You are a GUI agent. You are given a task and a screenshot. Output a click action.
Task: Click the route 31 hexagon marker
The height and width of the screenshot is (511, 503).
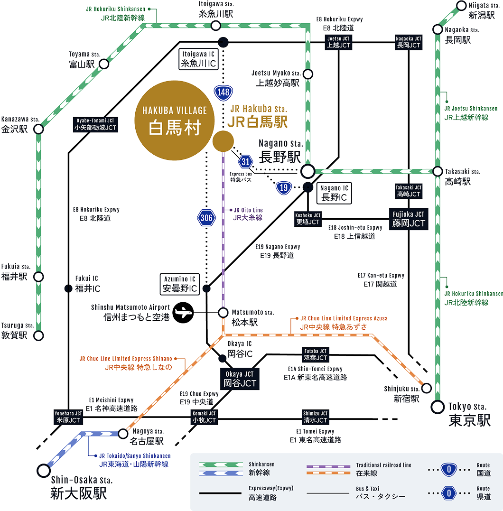(x=245, y=161)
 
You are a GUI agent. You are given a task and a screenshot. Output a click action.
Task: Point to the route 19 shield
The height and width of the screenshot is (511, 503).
(x=283, y=187)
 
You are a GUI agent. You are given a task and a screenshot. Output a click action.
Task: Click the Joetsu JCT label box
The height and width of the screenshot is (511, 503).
(x=339, y=42)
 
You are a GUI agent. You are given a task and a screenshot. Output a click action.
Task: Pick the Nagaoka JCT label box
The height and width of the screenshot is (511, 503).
(x=409, y=42)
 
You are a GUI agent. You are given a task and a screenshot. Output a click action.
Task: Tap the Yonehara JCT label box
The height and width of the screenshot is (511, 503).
(x=69, y=417)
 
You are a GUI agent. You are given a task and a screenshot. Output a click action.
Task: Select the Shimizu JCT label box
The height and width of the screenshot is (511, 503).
(x=315, y=417)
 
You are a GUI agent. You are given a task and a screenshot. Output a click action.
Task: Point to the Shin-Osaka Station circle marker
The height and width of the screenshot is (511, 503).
(x=44, y=470)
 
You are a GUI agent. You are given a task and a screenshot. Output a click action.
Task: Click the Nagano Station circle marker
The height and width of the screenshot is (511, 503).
(x=308, y=171)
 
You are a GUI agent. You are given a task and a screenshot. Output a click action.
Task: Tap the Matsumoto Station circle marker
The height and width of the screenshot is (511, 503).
(x=223, y=313)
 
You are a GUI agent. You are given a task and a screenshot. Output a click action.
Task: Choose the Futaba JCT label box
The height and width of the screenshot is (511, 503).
(x=315, y=354)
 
